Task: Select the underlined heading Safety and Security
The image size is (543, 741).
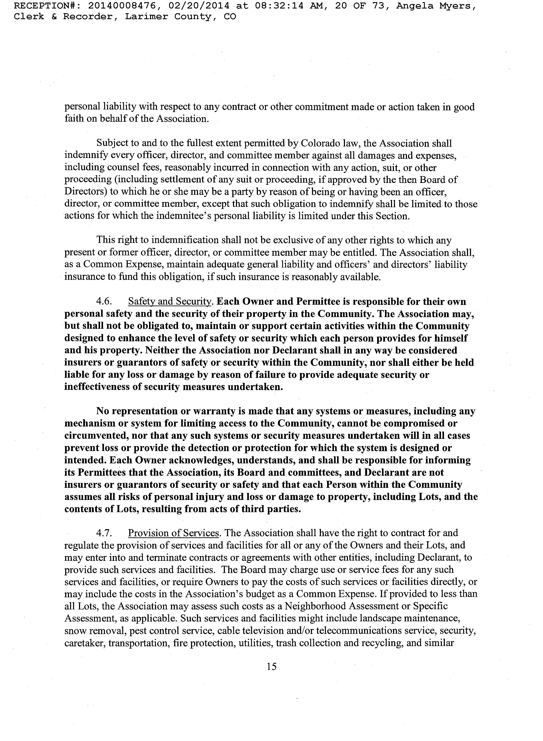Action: click(170, 302)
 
